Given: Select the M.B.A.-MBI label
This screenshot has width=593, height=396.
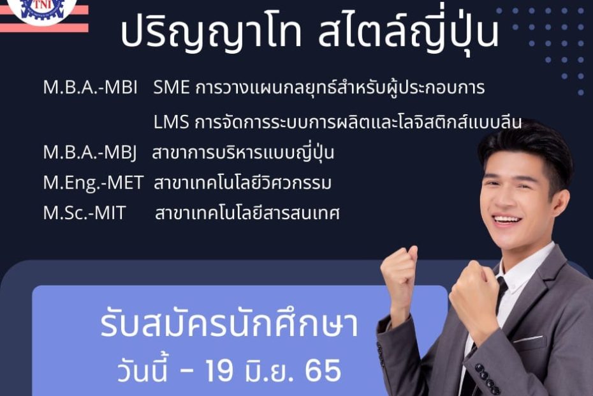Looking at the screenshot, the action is click(x=91, y=88).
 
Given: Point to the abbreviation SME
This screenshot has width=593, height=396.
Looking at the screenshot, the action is click(x=172, y=88).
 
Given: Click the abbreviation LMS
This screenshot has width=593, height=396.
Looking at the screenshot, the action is click(x=172, y=122).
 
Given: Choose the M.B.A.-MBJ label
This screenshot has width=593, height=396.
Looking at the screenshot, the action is click(x=90, y=153).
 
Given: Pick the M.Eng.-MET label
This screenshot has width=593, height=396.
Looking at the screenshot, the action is click(x=93, y=183).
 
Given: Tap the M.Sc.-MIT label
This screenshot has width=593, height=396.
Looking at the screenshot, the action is click(x=84, y=213).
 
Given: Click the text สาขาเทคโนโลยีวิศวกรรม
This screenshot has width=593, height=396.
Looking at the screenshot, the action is click(x=242, y=183).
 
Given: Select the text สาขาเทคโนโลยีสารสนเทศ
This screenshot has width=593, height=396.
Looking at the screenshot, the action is click(x=247, y=213).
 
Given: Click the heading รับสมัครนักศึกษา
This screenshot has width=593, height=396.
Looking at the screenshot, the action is click(x=229, y=323).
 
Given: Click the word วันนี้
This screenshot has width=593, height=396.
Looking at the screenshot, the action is click(x=142, y=369).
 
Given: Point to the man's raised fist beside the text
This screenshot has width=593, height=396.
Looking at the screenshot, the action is click(x=399, y=275).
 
